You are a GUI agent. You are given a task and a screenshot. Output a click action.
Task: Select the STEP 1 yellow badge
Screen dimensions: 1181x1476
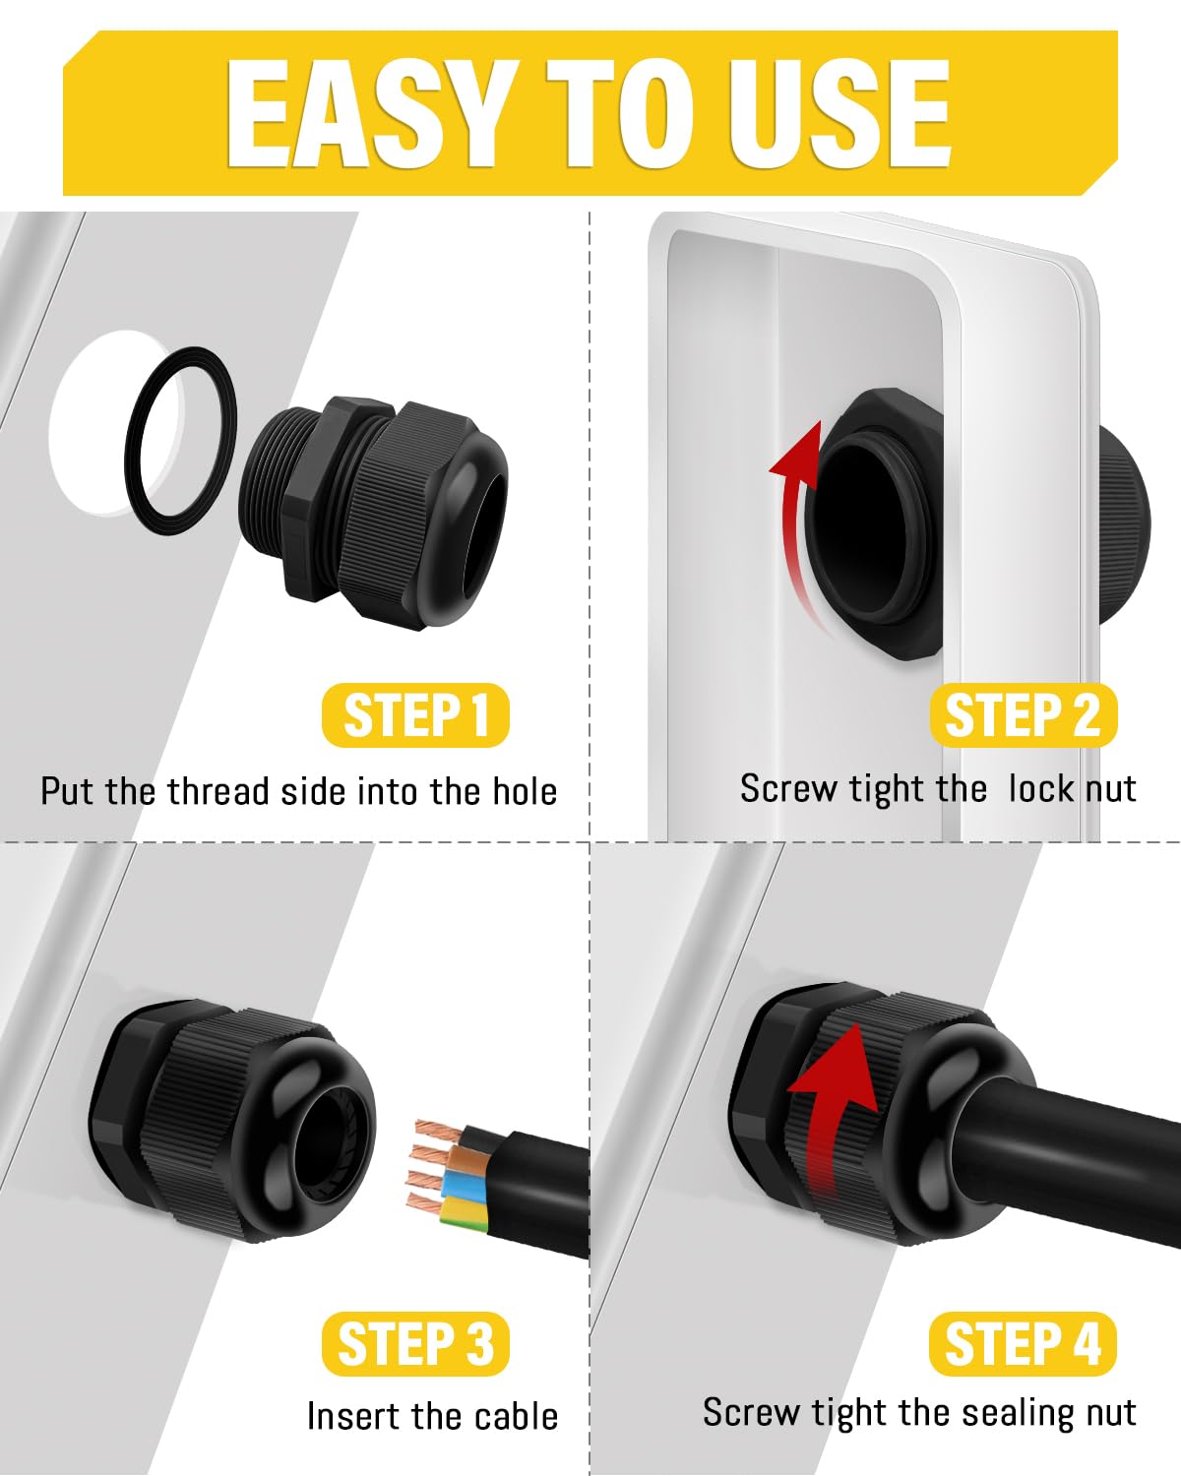pos(416,715)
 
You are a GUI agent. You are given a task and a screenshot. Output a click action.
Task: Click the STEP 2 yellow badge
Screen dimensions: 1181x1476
pos(1023,715)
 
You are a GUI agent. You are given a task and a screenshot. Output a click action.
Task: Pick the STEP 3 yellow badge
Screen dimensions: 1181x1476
pos(416,1343)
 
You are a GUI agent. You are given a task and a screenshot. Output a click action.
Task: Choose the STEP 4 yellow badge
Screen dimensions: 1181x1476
pos(1023,1343)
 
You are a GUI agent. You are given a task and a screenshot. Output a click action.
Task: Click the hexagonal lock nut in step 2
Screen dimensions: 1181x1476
pos(879,524)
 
